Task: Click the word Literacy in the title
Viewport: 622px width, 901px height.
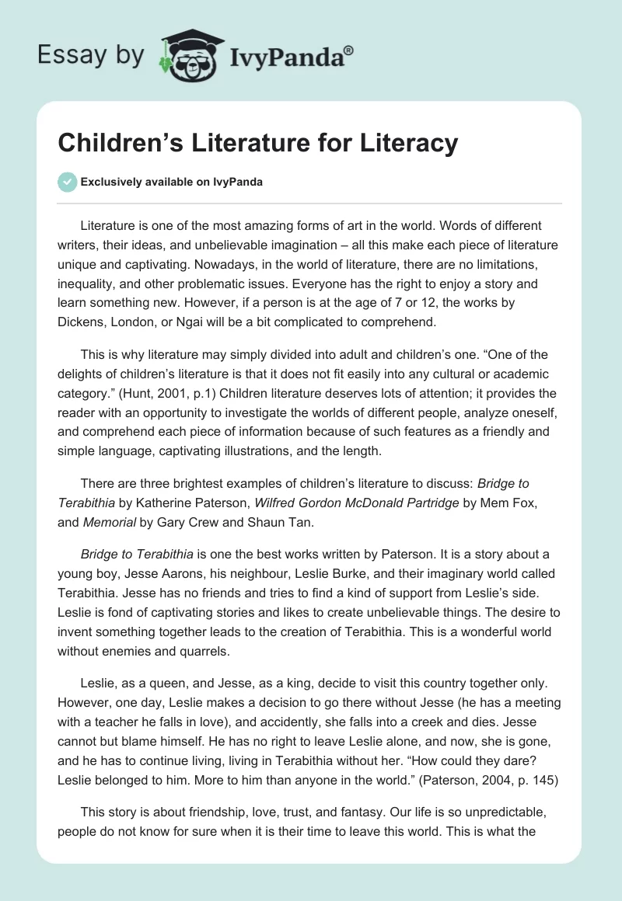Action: coord(412,144)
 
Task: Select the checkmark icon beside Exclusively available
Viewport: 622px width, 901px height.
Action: coord(68,182)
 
